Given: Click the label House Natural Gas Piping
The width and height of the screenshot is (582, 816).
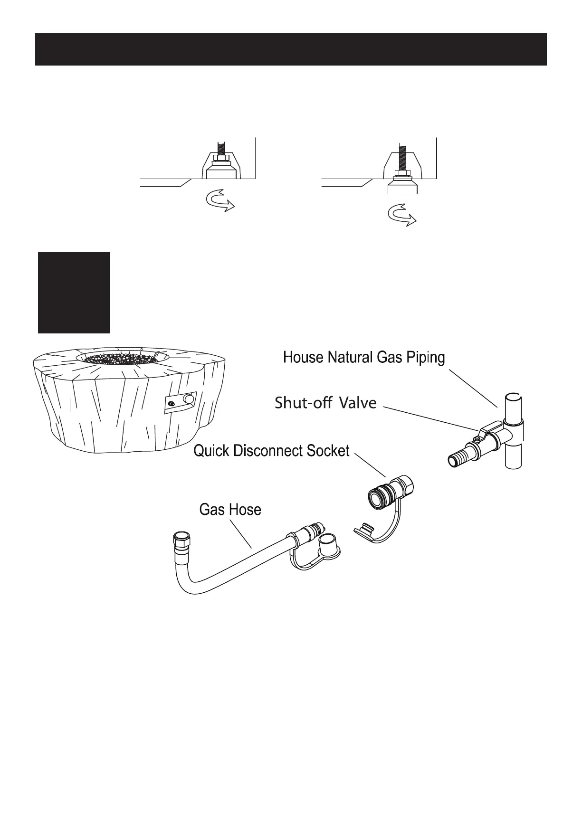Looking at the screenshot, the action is click(x=364, y=357).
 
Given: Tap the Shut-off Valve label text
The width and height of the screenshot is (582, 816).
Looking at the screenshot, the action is click(x=325, y=403).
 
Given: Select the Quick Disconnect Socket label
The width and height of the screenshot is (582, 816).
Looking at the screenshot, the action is click(x=271, y=450).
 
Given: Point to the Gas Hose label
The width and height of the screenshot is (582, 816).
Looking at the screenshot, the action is click(x=230, y=510).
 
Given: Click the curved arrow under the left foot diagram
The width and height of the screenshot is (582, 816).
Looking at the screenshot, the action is click(x=219, y=202).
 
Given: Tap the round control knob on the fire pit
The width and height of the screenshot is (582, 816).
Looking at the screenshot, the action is click(x=190, y=399).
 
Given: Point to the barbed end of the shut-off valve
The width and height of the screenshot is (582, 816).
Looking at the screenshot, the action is click(x=458, y=460).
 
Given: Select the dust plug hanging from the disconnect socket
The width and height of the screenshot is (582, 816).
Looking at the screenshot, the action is click(x=366, y=530).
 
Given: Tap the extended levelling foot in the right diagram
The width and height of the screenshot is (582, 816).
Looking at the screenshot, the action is click(x=402, y=186).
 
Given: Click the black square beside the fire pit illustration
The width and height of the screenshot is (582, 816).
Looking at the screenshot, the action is click(x=74, y=293).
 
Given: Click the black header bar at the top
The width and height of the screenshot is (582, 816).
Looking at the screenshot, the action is click(x=291, y=49).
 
